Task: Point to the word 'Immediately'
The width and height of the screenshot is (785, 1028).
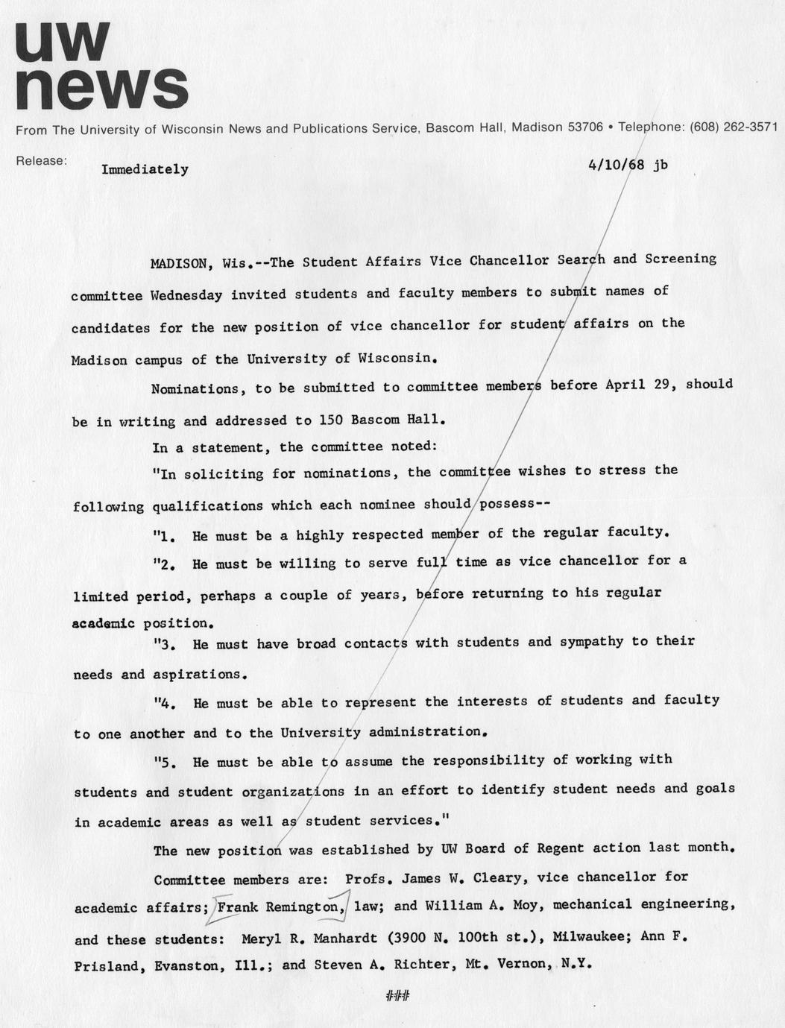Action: pyautogui.click(x=145, y=169)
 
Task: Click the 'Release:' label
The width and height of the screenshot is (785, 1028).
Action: pyautogui.click(x=41, y=160)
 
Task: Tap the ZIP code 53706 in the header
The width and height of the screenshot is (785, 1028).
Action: pyautogui.click(x=584, y=127)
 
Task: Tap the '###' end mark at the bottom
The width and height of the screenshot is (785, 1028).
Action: pyautogui.click(x=395, y=995)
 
